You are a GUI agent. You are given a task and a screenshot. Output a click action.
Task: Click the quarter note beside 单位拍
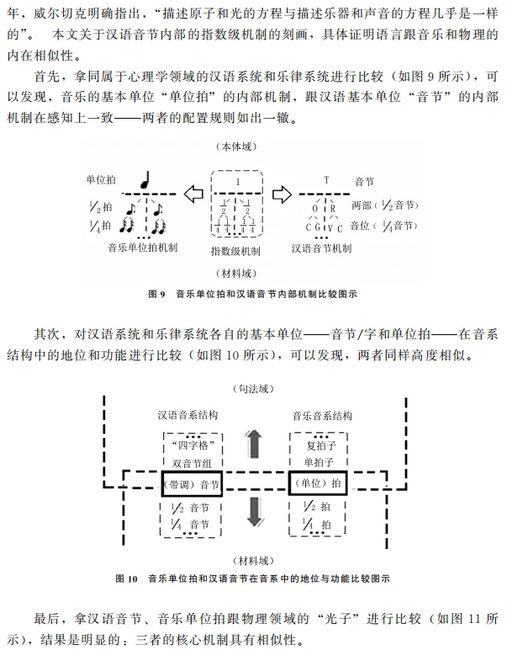tap(145, 179)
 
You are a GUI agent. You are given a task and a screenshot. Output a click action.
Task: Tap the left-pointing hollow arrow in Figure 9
tap(193, 194)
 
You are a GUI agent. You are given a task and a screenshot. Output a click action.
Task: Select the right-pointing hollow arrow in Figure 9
tap(282, 194)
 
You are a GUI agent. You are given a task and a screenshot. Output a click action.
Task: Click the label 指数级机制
tap(235, 251)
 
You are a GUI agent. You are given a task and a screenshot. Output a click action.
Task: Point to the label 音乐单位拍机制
tap(143, 248)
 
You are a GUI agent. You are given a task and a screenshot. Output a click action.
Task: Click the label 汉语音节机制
tap(321, 248)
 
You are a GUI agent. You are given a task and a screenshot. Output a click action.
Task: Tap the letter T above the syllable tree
tap(326, 180)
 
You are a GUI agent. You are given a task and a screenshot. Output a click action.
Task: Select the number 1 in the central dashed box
tap(238, 182)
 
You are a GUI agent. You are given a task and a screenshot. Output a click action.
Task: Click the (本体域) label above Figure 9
tap(236, 147)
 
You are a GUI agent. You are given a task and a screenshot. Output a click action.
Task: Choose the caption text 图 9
tap(156, 295)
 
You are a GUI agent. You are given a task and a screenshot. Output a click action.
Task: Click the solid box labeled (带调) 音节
tap(192, 484)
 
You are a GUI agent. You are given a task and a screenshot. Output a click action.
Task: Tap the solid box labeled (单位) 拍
tap(318, 483)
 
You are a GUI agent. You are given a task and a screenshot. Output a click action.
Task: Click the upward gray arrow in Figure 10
tap(254, 444)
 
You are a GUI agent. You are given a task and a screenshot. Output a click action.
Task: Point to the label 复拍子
tap(320, 445)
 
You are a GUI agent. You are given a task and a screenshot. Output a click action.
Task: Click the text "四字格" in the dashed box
tap(193, 446)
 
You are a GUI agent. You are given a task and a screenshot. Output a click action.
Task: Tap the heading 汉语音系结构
tap(187, 415)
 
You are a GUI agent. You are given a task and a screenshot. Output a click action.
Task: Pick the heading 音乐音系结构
tap(322, 415)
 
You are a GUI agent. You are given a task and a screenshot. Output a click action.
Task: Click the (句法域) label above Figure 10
tap(254, 389)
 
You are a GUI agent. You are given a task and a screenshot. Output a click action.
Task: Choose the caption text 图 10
tap(126, 578)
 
